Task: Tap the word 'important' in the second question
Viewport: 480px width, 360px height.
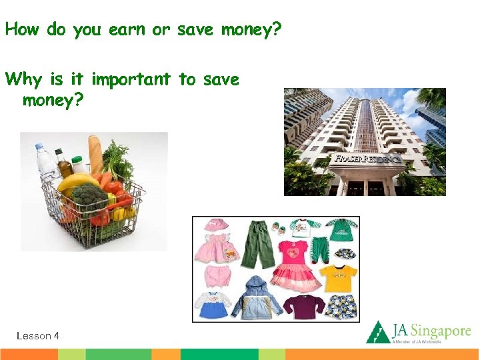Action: coord(131,80)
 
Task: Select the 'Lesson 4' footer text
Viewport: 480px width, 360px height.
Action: coord(38,336)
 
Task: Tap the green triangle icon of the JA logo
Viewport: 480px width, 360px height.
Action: coord(378,332)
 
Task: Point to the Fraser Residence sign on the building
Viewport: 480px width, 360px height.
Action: coord(367,160)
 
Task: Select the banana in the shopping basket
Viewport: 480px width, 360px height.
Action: coord(76,182)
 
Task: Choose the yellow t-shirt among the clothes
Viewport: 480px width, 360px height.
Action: coord(339,275)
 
